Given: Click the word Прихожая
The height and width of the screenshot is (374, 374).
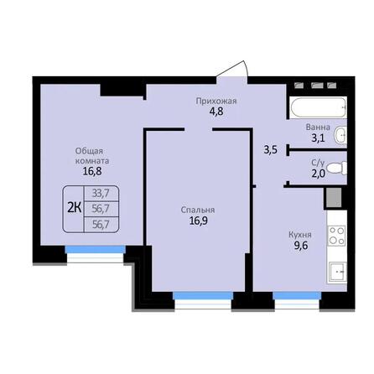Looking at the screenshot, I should tap(216, 101).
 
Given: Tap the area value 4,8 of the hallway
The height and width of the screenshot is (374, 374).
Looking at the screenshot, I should tap(216, 112).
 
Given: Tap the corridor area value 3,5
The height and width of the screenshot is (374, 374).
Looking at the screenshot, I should tap(271, 150).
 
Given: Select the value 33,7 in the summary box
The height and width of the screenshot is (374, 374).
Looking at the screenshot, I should tap(100, 193).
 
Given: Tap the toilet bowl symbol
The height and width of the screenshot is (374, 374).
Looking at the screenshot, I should tap(335, 167).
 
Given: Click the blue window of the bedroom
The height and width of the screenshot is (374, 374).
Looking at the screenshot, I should tap(203, 294).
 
